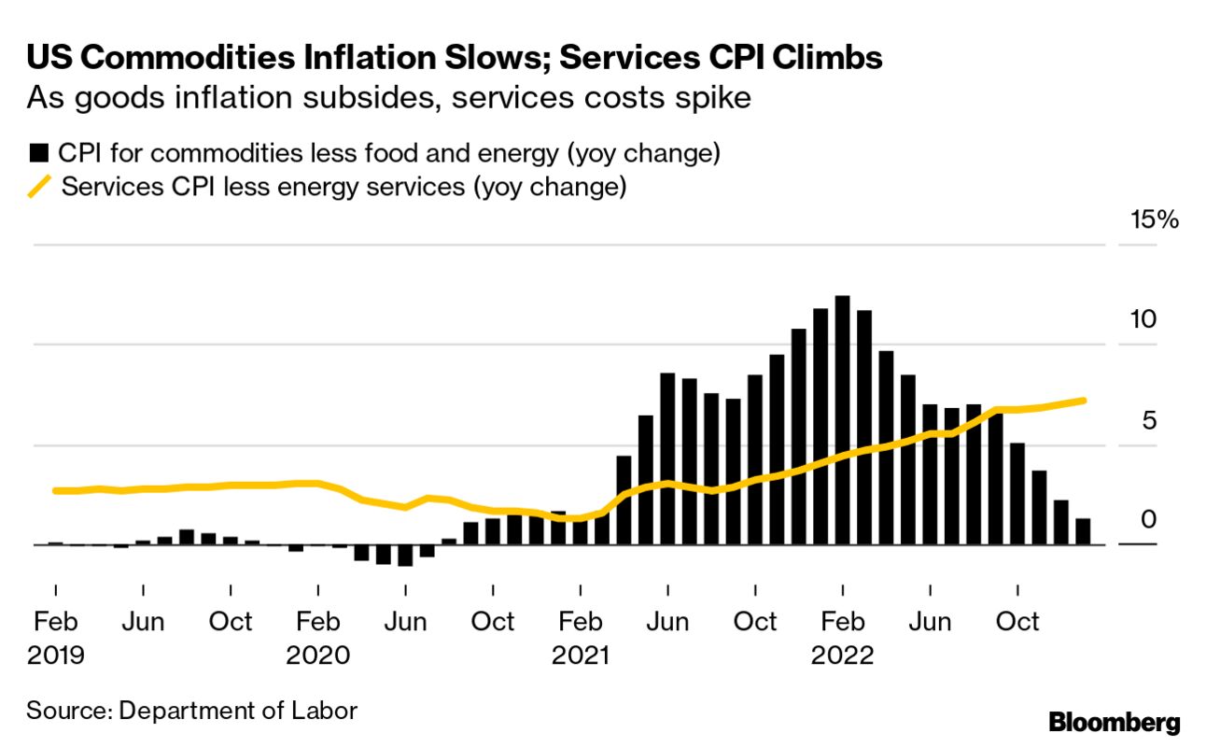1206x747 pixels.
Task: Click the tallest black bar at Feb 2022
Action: (842, 420)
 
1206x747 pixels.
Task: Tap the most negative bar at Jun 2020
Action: (405, 555)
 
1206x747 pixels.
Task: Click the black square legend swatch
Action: (39, 153)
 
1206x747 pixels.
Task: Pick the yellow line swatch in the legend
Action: (39, 187)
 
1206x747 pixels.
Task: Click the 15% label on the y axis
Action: (1155, 221)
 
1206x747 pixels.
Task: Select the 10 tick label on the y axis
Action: (1143, 319)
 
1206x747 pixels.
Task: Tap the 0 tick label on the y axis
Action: (1150, 519)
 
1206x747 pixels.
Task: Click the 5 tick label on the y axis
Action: (1150, 420)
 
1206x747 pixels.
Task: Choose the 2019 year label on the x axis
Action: (56, 655)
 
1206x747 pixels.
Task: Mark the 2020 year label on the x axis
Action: (317, 655)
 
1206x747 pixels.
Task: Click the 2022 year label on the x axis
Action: (842, 655)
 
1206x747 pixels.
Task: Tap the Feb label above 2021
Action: (580, 621)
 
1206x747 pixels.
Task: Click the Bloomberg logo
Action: (1115, 722)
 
